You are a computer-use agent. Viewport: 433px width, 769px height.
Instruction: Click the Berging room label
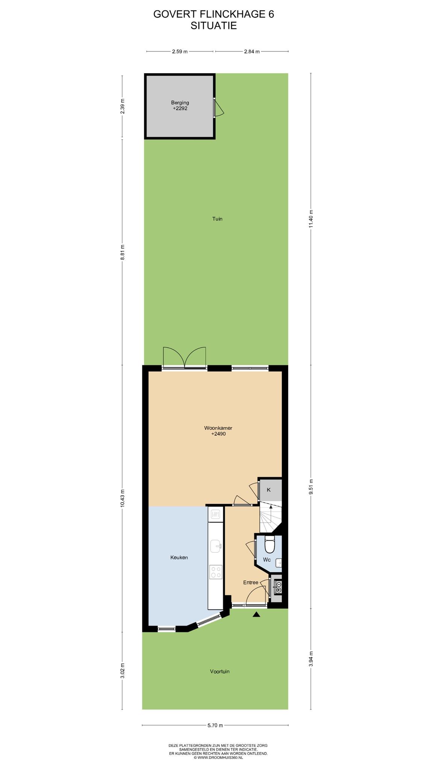tap(180, 103)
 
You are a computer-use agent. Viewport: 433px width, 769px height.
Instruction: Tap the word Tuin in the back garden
tap(217, 219)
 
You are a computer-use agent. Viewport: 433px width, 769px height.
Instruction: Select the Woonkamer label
tap(218, 428)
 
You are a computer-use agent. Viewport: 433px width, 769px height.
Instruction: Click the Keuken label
tap(179, 558)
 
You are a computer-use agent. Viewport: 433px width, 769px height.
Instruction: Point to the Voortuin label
tap(220, 671)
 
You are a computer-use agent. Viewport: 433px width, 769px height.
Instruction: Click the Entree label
tap(251, 582)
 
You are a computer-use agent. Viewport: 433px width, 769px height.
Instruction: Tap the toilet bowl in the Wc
tap(270, 544)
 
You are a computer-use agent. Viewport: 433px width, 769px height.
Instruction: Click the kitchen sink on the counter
tap(216, 546)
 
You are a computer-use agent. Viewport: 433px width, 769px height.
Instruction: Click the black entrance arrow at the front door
tap(256, 614)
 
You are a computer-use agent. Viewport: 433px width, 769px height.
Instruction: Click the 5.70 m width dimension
tap(215, 725)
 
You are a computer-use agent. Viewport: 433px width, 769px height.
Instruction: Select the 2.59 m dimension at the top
tap(180, 51)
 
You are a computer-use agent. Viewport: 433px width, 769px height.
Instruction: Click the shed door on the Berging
tap(218, 108)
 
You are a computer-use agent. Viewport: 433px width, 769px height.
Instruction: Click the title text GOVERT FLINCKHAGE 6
tap(214, 14)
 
